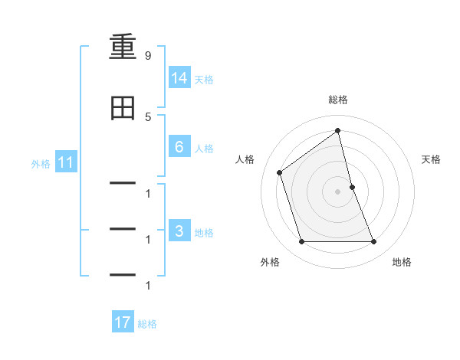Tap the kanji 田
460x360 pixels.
click(x=123, y=109)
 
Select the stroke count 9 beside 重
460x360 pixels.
click(x=147, y=55)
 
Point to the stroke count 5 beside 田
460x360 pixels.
click(x=147, y=116)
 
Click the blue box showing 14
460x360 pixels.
click(x=179, y=78)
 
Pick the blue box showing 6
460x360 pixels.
click(x=179, y=147)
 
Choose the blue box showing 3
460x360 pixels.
click(x=179, y=231)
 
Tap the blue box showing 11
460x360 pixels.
click(x=65, y=162)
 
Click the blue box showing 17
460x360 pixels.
click(x=123, y=322)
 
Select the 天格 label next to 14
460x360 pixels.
click(x=204, y=79)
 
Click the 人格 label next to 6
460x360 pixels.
click(x=204, y=148)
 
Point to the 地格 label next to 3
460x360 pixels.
click(x=204, y=232)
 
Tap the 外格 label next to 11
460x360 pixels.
click(x=41, y=163)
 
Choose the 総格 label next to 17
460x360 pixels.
click(x=147, y=323)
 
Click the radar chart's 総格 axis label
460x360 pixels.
click(x=338, y=100)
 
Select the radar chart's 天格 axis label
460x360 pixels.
click(x=431, y=159)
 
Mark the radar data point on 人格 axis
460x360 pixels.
click(x=280, y=172)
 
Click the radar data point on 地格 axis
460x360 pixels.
click(x=374, y=242)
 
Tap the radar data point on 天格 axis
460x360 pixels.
click(x=352, y=187)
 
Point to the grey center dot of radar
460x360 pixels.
click(x=338, y=191)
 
